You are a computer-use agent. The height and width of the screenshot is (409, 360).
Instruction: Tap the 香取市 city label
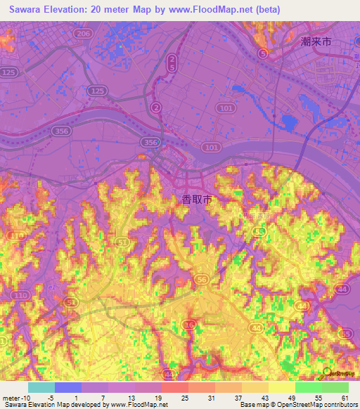point(197,200)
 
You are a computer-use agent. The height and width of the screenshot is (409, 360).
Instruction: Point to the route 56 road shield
point(202,279)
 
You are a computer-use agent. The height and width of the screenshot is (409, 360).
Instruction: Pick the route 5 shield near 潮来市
point(263,53)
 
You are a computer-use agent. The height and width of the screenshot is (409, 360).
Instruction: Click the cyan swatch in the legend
point(41,387)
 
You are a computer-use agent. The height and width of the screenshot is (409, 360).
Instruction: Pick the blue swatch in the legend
point(68,387)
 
